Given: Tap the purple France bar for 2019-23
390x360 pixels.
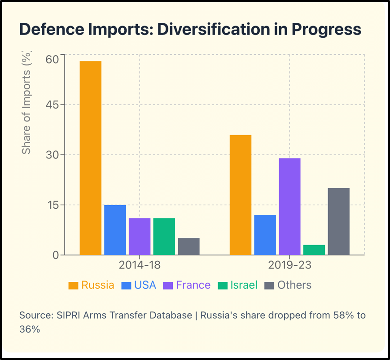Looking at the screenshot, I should click(289, 206).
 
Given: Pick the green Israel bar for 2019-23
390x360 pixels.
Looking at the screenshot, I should click(314, 250).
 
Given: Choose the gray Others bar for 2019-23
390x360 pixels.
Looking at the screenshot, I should click(338, 221).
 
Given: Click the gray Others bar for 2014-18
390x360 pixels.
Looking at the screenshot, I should click(188, 246).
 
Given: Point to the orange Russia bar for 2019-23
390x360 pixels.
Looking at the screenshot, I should click(241, 195).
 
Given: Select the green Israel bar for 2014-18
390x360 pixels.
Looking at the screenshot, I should click(164, 237).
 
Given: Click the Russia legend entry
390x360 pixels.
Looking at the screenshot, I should click(92, 285).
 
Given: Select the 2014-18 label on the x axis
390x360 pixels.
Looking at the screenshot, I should click(140, 265).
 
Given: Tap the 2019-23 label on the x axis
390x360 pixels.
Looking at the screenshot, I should click(289, 265).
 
